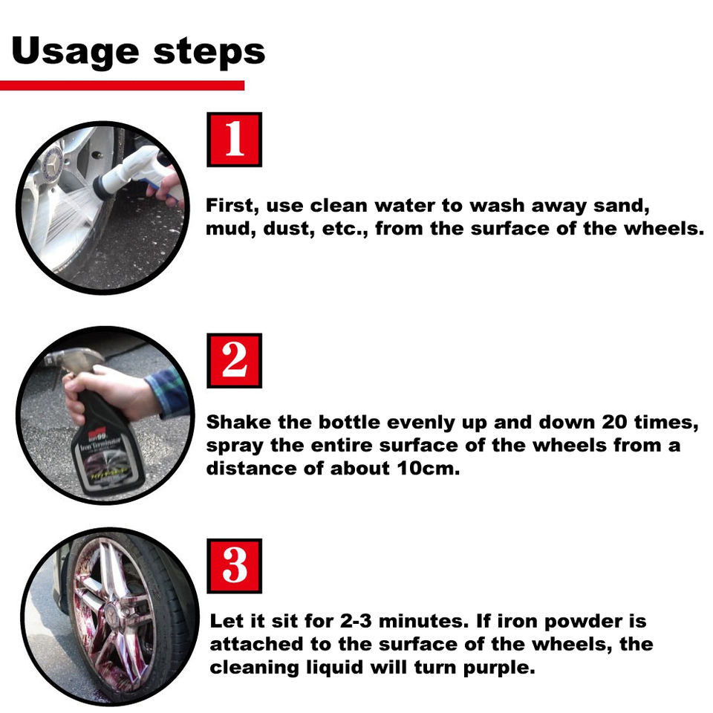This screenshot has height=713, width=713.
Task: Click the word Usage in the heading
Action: pyautogui.click(x=75, y=52)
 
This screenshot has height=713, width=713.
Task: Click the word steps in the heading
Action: pyautogui.click(x=209, y=52)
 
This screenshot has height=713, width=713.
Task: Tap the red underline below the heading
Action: pyautogui.click(x=122, y=85)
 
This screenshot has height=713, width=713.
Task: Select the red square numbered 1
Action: pyautogui.click(x=234, y=140)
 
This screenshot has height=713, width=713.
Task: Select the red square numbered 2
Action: pyautogui.click(x=234, y=361)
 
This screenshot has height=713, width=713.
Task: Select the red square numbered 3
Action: pyautogui.click(x=234, y=566)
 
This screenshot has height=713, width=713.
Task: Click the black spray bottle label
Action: pyautogui.click(x=106, y=459)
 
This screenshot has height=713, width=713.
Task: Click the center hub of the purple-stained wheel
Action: pyautogui.click(x=111, y=615)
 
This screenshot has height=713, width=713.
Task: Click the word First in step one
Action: pyautogui.click(x=232, y=206)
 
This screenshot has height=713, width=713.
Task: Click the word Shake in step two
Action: pyautogui.click(x=239, y=423)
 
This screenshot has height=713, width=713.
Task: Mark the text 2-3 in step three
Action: pyautogui.click(x=356, y=621)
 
